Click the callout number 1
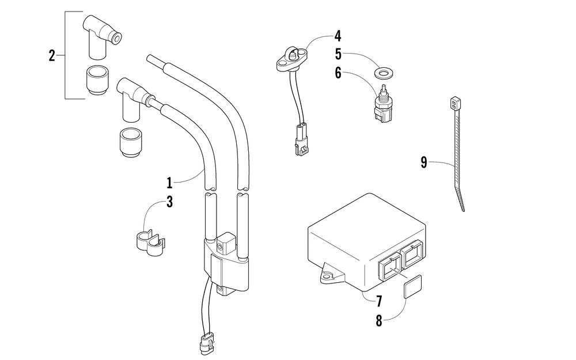click(170, 183)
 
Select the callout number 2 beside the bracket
click(52, 56)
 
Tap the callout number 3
click(170, 202)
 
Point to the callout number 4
click(338, 36)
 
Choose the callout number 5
click(338, 55)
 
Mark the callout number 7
click(379, 301)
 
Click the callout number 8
click(379, 321)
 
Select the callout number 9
click(424, 162)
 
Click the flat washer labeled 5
click(381, 73)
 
